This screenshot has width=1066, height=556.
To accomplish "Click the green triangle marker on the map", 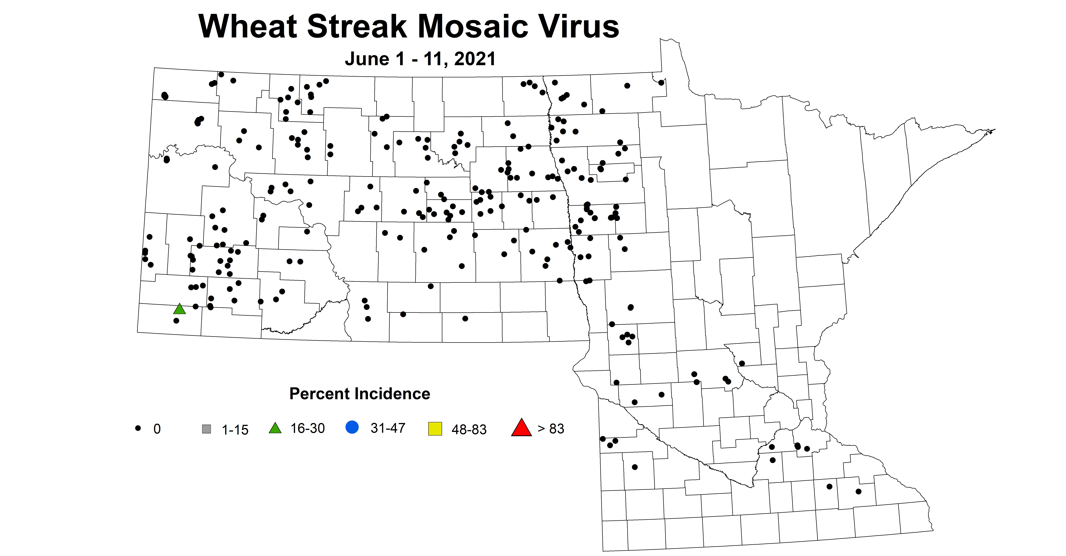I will (179, 309).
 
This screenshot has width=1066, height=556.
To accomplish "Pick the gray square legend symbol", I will (206, 429).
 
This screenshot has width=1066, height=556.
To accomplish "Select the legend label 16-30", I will (307, 428).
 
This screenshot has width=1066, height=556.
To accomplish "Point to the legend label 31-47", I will (388, 428).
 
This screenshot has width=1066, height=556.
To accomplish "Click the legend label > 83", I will (551, 429).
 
